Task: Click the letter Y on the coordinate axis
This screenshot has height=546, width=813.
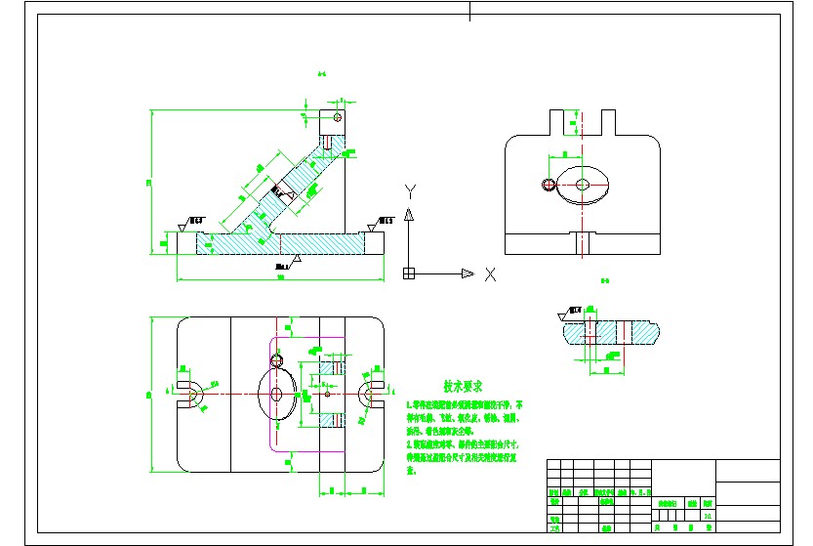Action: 411,189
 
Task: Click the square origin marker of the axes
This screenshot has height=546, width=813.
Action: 410,273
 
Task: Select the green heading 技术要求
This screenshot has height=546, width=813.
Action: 465,388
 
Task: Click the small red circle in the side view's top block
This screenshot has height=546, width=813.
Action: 338,118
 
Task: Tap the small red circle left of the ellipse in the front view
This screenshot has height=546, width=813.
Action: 549,184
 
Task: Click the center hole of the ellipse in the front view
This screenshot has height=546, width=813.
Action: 583,184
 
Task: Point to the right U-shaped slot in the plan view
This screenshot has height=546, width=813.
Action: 370,394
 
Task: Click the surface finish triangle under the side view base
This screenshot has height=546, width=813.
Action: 296,260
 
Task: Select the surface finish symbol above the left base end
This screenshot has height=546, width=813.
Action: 183,225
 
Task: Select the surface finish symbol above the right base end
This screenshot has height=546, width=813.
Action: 372,225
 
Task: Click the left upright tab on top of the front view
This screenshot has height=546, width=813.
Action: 560,123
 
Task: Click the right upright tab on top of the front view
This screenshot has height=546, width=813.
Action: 607,123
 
